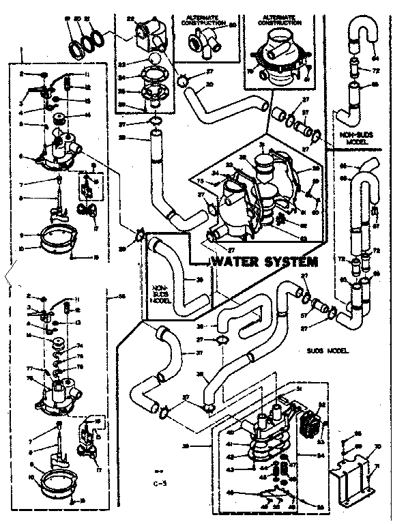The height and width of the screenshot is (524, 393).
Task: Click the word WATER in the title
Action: pos(234,262)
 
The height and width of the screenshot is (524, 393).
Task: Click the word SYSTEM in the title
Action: pos(289,262)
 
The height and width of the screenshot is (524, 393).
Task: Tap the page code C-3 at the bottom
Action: pos(160,485)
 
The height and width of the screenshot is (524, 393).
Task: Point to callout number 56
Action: pos(123,296)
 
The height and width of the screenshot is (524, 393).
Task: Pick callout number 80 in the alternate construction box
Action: pos(231,25)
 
